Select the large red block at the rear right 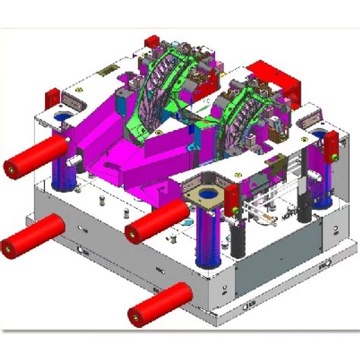click(x=276, y=77)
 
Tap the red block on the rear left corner click(x=54, y=99)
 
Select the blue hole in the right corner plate click(x=317, y=137)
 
